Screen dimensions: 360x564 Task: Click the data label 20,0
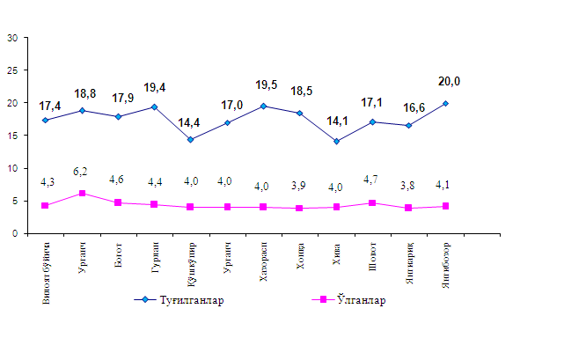click(449, 81)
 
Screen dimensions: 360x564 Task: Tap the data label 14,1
click(337, 122)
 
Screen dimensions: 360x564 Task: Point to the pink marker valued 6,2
click(82, 193)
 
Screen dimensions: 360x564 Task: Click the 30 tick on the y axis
click(12, 38)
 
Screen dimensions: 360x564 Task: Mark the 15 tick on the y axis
click(12, 136)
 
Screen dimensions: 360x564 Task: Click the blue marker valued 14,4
click(191, 139)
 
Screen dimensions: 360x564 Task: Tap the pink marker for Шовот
click(374, 202)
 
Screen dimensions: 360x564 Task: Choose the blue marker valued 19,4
click(155, 107)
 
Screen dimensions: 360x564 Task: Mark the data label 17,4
click(52, 107)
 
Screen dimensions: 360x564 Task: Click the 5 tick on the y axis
click(15, 201)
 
